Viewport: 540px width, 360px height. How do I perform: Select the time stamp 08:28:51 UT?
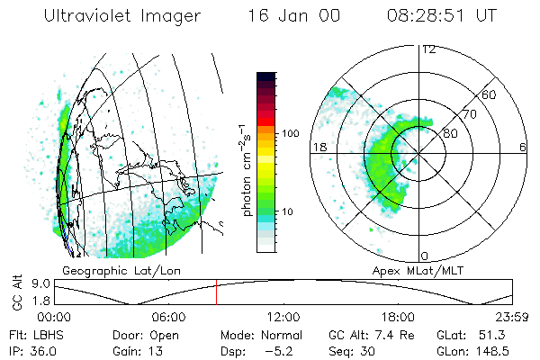pos(444,16)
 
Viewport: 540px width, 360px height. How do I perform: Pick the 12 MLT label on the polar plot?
pos(428,49)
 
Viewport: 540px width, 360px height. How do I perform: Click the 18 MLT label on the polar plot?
pos(318,147)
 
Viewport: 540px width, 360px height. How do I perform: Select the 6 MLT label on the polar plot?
pos(523,147)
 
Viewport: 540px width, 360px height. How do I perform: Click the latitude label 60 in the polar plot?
pos(489,94)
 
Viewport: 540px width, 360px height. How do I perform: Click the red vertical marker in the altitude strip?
pos(216,293)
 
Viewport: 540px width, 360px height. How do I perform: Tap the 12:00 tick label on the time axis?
pos(283,317)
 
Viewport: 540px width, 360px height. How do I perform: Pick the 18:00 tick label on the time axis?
pos(398,317)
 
